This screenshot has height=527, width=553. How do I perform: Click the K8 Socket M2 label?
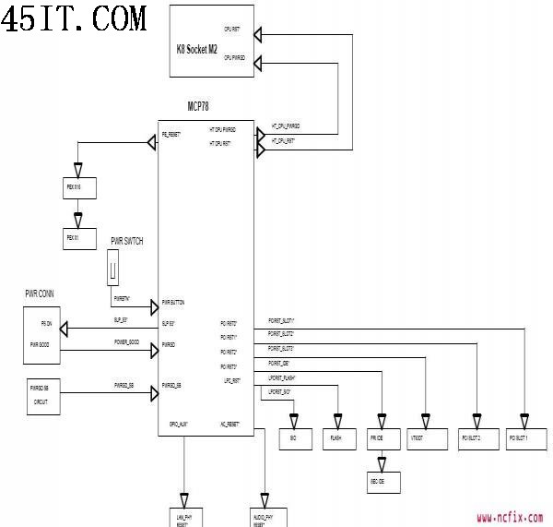point(196,48)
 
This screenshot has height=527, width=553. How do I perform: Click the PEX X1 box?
point(79,238)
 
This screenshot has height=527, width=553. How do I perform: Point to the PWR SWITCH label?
point(126,241)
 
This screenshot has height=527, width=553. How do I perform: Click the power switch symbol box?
point(113,270)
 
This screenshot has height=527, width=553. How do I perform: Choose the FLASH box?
point(338,438)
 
